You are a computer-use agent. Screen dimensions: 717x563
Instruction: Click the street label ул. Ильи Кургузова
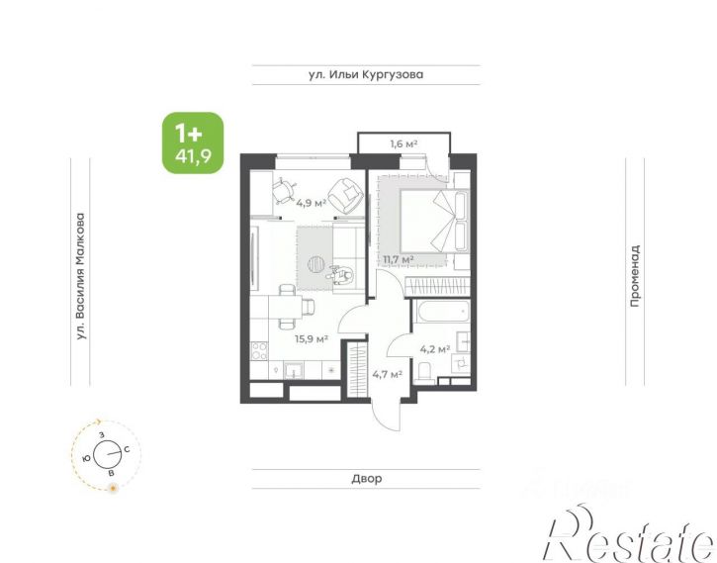(366, 74)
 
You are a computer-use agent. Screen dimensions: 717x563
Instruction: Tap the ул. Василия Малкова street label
(80, 277)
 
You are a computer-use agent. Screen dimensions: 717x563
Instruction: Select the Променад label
(635, 276)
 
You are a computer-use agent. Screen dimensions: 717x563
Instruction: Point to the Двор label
(367, 479)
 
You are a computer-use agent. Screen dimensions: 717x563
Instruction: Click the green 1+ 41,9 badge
(193, 142)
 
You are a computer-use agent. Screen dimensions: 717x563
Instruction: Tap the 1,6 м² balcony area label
(403, 144)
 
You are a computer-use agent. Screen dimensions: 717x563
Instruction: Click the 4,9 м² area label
(311, 203)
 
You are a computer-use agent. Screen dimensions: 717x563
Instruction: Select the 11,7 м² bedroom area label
(399, 260)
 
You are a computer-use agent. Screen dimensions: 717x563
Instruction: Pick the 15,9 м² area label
(312, 339)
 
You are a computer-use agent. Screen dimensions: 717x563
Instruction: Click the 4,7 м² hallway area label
(387, 375)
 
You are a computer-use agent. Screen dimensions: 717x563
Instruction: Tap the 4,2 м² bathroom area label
(435, 350)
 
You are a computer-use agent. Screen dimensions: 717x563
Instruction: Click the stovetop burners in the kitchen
(259, 351)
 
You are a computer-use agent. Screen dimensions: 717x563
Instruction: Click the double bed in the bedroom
(434, 221)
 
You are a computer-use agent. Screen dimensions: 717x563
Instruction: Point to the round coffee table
(316, 264)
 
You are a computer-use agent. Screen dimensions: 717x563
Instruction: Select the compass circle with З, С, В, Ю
(107, 454)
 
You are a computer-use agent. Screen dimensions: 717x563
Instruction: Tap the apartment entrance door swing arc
(381, 419)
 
